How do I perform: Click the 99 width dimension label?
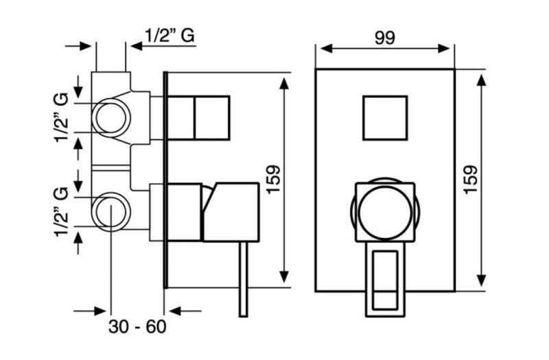(385, 38)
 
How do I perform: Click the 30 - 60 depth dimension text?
(137, 327)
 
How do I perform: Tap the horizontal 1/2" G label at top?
(170, 36)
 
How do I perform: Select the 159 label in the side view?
(273, 179)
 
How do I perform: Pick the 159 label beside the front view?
(471, 179)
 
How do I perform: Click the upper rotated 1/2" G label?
(60, 117)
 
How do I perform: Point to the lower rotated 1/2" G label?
(60, 212)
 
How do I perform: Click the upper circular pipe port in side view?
(111, 118)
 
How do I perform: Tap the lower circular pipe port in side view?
(111, 212)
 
